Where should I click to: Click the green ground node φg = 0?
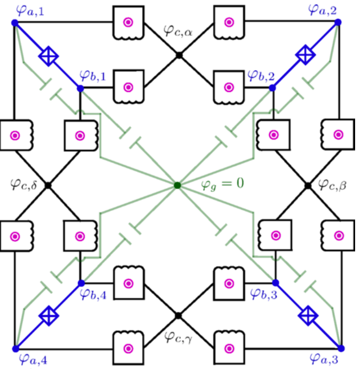(178, 185)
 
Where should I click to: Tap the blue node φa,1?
(15, 23)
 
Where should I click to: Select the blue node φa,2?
(338, 22)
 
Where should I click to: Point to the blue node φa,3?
(340, 348)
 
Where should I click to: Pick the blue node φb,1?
(80, 88)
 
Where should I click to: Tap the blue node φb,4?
(81, 283)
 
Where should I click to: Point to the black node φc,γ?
(178, 316)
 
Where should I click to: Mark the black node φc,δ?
(48, 185)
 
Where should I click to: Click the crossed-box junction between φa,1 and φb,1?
(49, 57)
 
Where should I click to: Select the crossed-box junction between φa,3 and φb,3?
(308, 316)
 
